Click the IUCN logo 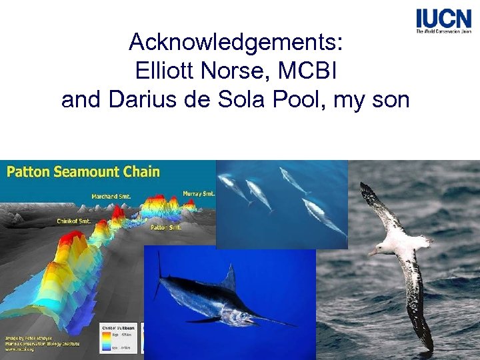point(443,21)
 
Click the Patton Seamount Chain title point(83,172)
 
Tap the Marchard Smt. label point(111,197)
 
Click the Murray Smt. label point(198,193)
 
